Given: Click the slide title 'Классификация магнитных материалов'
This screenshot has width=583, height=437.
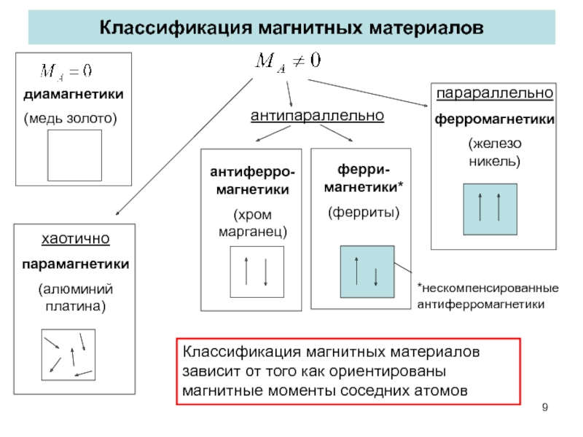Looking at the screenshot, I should point(291,29).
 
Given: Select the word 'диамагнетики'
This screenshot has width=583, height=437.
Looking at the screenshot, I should point(73,95).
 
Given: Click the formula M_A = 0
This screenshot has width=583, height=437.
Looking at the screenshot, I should point(65,71).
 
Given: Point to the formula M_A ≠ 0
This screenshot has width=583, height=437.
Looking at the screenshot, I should point(287,62).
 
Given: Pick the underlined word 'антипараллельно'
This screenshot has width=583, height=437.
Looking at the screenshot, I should point(317,116).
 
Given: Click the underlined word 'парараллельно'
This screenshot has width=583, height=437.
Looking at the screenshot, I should point(495,94).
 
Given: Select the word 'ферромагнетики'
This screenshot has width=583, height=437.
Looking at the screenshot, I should point(495,119).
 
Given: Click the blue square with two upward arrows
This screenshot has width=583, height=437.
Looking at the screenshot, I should point(489,208).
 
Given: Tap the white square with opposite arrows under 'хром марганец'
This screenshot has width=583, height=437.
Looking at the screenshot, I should point(256,272).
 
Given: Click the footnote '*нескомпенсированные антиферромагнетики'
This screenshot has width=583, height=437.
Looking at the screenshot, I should point(487,296).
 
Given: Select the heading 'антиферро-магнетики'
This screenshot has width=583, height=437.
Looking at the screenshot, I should point(253,181).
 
